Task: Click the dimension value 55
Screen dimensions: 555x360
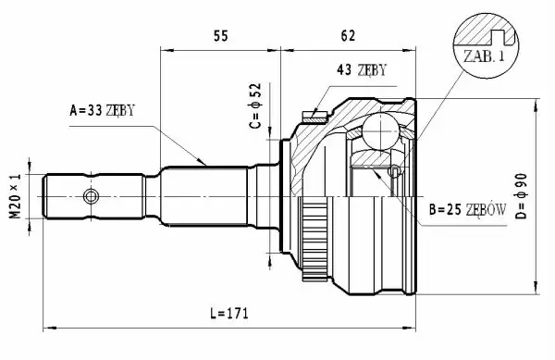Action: coord(221,36)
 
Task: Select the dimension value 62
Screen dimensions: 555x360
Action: coord(348,35)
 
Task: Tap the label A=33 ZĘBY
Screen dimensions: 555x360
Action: coord(103,110)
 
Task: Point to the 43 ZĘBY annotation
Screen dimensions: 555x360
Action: coord(362,69)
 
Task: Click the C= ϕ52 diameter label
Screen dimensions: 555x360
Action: coord(255,106)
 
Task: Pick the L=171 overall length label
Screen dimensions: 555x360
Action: coord(229,313)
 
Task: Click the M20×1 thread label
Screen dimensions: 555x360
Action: coord(15,196)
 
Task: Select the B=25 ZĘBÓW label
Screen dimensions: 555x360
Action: coord(467,209)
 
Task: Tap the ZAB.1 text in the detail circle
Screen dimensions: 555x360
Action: coord(484,56)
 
